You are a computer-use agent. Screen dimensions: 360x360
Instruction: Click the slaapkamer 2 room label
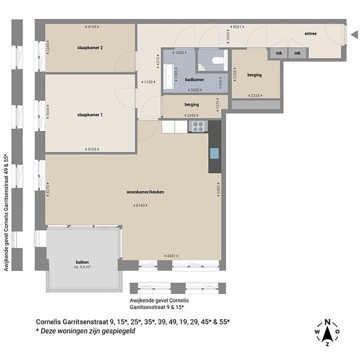point(90,48)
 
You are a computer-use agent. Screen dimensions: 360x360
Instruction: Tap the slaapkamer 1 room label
point(90,115)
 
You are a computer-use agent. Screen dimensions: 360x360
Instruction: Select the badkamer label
point(194,79)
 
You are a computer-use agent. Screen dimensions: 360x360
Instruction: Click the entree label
point(310,33)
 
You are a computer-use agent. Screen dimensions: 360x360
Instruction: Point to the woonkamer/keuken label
point(145,192)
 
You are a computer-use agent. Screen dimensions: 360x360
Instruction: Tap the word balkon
point(82,262)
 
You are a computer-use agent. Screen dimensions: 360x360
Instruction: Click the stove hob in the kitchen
point(198,126)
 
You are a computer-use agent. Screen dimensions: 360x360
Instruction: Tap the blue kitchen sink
point(215,154)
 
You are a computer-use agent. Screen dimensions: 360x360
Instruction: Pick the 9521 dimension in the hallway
point(237,27)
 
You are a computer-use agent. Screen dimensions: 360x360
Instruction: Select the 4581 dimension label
point(171,255)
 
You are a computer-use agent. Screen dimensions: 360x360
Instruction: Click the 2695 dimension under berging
point(191,116)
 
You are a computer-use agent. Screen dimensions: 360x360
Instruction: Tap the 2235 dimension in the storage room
point(255,96)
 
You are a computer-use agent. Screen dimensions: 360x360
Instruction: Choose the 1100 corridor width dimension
point(148,82)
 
